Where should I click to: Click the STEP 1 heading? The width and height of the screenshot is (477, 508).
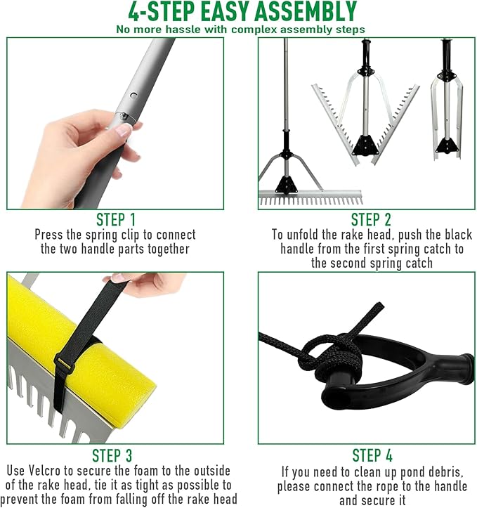coord(116,220)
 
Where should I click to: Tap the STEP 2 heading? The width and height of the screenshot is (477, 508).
coord(371,220)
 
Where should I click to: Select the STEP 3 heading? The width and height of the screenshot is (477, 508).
coord(112,455)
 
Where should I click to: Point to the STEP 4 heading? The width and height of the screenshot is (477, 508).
coord(372,455)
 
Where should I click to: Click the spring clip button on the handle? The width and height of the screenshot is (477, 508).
coord(133,96)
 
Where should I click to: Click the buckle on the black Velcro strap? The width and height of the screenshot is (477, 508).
coord(64,363)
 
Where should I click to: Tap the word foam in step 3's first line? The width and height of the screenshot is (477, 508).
coord(148,471)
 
